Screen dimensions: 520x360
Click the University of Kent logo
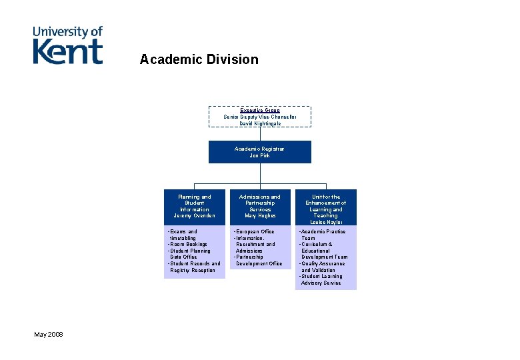point(68,45)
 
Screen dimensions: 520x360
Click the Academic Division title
point(199,59)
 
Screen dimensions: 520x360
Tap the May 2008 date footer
point(49,333)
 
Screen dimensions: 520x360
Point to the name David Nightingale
point(259,123)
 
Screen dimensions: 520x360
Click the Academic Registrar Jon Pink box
point(259,152)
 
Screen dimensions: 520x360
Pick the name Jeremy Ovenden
point(194,216)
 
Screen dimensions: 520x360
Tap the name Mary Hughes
point(259,216)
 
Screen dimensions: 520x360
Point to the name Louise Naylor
point(325,222)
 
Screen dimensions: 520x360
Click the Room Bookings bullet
point(189,244)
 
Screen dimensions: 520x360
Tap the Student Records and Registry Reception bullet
point(194,267)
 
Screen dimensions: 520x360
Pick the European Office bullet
point(255,231)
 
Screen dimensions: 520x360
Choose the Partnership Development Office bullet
point(259,260)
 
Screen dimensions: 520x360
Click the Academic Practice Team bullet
point(323,235)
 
